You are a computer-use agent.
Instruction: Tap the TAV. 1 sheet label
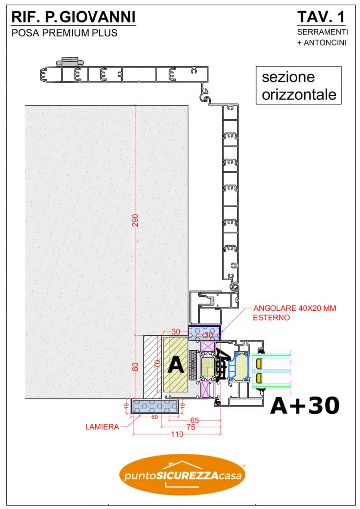click(x=321, y=17)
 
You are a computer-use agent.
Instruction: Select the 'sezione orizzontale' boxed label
click(x=298, y=85)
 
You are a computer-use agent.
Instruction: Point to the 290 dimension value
click(x=135, y=220)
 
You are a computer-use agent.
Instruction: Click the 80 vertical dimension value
click(x=135, y=366)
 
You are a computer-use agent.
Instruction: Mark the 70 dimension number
click(x=157, y=364)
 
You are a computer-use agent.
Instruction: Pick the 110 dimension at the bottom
click(x=177, y=434)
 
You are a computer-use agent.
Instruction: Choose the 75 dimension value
click(x=191, y=427)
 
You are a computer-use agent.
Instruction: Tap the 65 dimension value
click(x=195, y=421)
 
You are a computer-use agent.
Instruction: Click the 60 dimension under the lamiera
click(x=155, y=417)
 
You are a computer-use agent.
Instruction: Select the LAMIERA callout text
click(x=102, y=427)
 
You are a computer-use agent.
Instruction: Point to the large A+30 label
click(x=305, y=406)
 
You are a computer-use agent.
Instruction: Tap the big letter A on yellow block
click(x=176, y=364)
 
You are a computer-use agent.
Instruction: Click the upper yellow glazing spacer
click(x=259, y=363)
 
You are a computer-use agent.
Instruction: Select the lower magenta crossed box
click(x=206, y=390)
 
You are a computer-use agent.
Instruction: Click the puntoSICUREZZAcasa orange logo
click(x=183, y=474)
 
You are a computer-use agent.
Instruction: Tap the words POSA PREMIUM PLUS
click(x=65, y=33)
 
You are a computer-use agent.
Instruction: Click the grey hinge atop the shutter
click(x=69, y=61)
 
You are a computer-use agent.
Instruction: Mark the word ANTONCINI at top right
click(x=325, y=43)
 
